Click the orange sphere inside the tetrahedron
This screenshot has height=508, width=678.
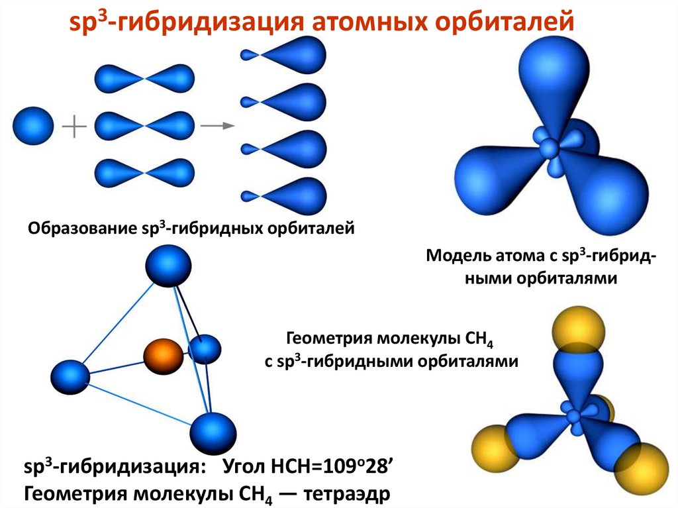coord(162,356)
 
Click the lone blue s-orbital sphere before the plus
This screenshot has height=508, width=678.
coord(32,125)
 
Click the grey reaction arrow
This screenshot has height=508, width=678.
coord(218,125)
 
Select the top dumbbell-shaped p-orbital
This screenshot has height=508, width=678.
coord(145,77)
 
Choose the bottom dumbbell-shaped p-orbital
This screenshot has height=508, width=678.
coord(145,173)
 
